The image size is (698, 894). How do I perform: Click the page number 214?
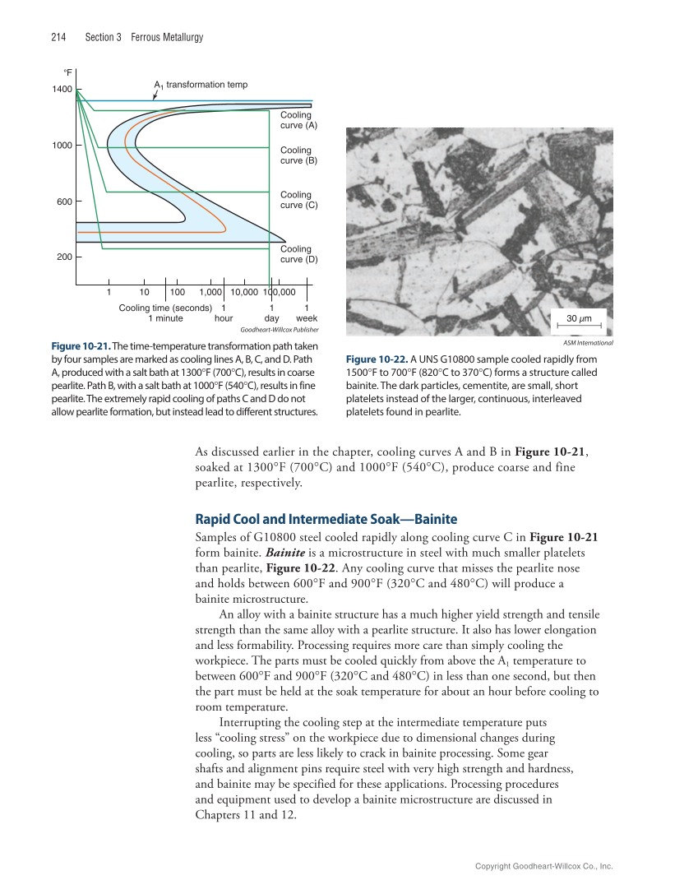[58, 37]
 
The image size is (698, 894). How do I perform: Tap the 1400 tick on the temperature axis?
[63, 89]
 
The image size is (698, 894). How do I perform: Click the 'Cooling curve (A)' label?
[298, 121]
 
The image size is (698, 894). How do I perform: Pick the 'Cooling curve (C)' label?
[298, 200]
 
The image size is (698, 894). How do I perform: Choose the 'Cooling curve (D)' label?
[298, 254]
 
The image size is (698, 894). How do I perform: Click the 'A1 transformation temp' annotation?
[201, 85]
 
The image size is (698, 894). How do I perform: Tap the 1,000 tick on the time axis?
[212, 291]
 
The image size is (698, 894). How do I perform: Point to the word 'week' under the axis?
[307, 317]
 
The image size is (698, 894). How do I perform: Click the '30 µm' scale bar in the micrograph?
[580, 317]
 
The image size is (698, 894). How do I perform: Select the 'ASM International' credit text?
[588, 342]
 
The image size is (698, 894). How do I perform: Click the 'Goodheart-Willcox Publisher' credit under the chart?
[279, 329]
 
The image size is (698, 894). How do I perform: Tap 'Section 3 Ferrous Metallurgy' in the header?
[144, 37]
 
